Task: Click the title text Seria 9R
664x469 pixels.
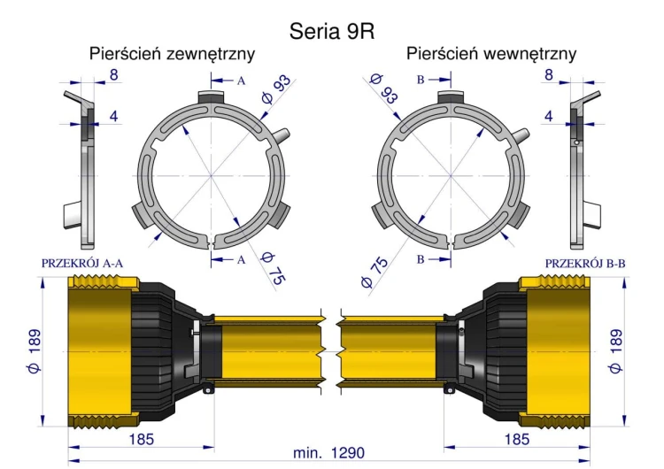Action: [x=332, y=31]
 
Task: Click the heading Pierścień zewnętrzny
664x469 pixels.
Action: [x=172, y=54]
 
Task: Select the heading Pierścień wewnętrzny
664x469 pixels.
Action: [x=491, y=54]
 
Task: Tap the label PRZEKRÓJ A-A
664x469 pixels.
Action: [x=82, y=264]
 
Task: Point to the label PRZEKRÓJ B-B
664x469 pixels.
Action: [x=585, y=264]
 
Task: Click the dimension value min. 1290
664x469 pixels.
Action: [x=328, y=453]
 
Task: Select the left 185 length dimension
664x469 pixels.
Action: [x=141, y=440]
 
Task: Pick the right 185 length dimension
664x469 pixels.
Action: [x=517, y=440]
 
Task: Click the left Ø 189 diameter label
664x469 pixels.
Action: [x=34, y=351]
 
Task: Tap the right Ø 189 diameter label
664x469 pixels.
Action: [x=615, y=351]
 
